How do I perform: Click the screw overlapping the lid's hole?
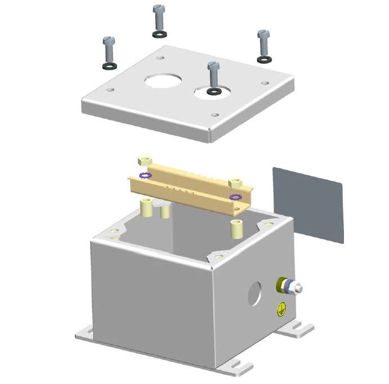pyautogui.click(x=213, y=75)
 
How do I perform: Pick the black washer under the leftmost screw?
pyautogui.click(x=110, y=66)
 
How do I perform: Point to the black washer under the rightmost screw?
pyautogui.click(x=263, y=59)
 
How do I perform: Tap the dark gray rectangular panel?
pyautogui.click(x=308, y=203)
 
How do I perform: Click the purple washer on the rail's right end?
pyautogui.click(x=236, y=197)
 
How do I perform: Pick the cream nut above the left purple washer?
pyautogui.click(x=145, y=161)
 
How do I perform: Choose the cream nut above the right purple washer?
pyautogui.click(x=236, y=184)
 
